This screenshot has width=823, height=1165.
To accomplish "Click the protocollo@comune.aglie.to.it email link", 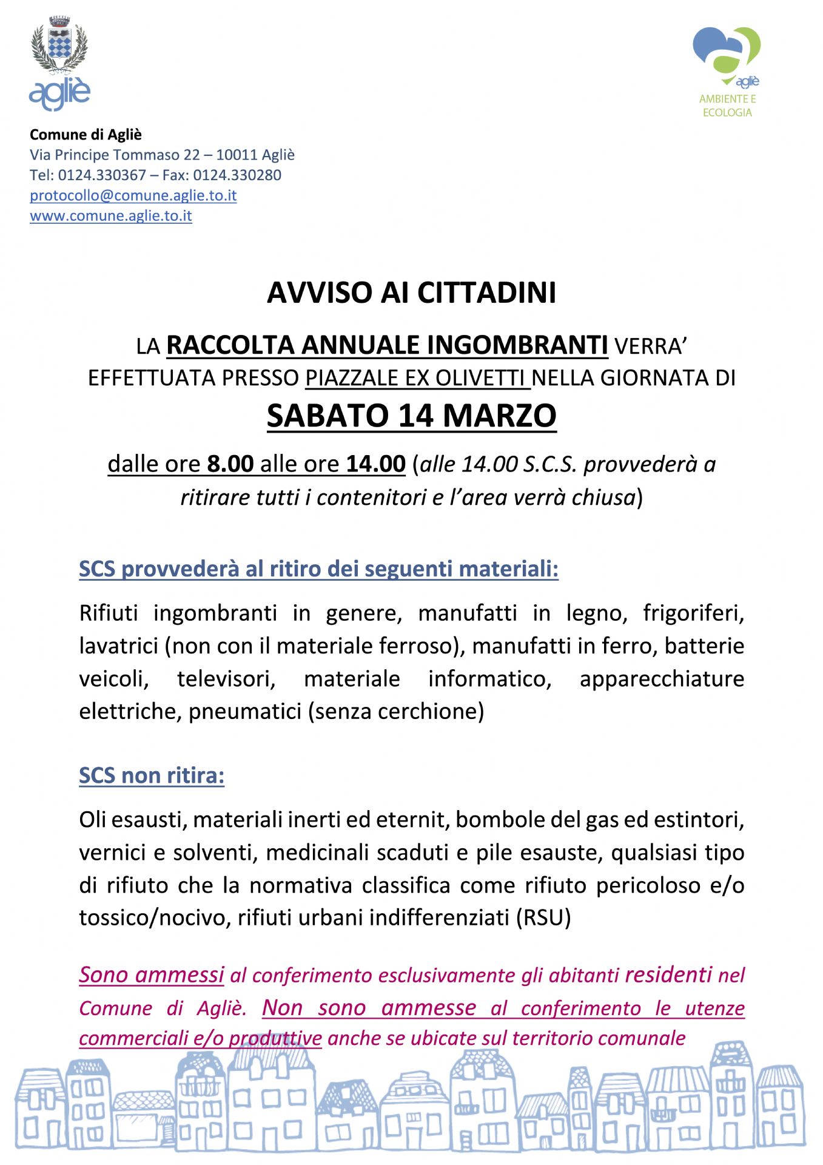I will pyautogui.click(x=133, y=195).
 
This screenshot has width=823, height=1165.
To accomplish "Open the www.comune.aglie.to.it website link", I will pyautogui.click(x=111, y=215).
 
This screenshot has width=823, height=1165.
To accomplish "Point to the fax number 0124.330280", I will pyautogui.click(x=237, y=175).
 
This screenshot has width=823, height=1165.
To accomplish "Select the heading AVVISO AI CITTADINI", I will pyautogui.click(x=411, y=292).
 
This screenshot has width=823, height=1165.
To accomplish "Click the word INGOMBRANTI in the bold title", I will pyautogui.click(x=517, y=345).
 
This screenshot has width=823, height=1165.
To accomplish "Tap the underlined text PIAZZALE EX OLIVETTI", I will pyautogui.click(x=418, y=378).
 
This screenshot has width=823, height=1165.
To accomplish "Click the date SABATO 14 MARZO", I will pyautogui.click(x=411, y=416).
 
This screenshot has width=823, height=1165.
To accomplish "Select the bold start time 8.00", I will pyautogui.click(x=230, y=464).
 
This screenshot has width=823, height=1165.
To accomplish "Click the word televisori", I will pyautogui.click(x=226, y=678).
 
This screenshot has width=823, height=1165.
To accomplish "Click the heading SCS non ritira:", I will pyautogui.click(x=152, y=775).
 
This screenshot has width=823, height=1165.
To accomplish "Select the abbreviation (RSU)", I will pyautogui.click(x=543, y=917).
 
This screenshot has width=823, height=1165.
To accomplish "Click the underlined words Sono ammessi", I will pyautogui.click(x=152, y=974).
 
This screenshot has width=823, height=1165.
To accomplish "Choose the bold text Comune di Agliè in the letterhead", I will pyautogui.click(x=86, y=134).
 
